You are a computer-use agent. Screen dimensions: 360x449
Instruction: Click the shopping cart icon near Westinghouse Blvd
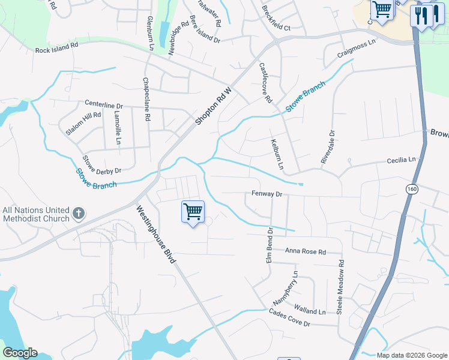coord(193,211)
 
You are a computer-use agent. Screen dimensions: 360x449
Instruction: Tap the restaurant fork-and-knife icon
coord(422,15)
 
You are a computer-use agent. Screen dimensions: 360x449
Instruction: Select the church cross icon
coord(78,214)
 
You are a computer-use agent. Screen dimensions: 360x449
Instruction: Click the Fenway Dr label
coord(267,194)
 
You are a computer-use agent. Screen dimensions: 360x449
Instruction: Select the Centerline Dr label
coord(103,105)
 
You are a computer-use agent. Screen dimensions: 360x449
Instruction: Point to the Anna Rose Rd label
coord(305,251)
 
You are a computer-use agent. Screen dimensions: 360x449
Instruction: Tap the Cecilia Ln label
coord(401,160)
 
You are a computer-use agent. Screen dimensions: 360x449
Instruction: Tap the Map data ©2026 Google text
coord(411,355)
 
